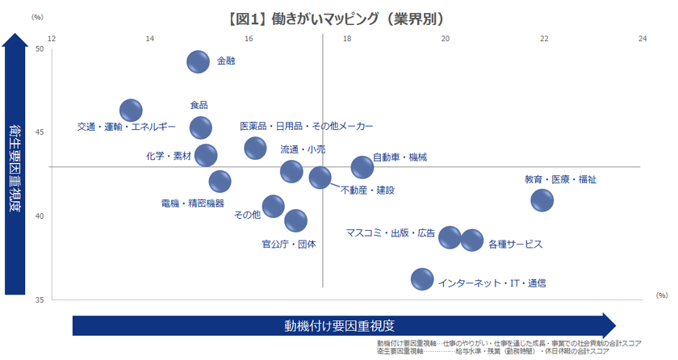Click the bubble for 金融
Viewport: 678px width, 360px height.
[199, 61]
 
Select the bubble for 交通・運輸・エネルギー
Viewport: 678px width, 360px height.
[131, 111]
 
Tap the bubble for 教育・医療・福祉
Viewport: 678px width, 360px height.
[542, 200]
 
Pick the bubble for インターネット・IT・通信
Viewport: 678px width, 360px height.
[422, 279]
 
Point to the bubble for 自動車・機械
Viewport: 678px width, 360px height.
[362, 167]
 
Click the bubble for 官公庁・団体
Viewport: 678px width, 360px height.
[296, 220]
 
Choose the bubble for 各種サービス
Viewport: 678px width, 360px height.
[472, 241]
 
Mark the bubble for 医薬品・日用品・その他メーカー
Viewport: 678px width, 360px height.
[255, 148]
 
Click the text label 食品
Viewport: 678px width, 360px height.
[199, 105]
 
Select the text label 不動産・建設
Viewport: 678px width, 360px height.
[367, 190]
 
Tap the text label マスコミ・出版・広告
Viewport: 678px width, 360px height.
[391, 233]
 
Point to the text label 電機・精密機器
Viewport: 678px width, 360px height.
[192, 203]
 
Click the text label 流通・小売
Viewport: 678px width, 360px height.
[303, 149]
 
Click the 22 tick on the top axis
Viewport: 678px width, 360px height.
[545, 38]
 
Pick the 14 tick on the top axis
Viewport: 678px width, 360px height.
[149, 38]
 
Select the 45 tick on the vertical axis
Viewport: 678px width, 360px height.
[40, 132]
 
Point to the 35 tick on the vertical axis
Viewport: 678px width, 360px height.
[40, 299]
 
